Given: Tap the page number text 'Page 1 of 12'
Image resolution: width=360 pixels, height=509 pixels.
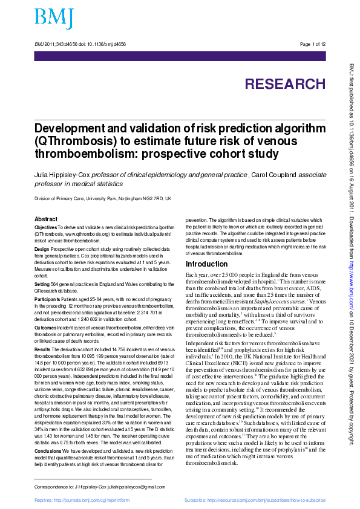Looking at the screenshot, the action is coord(313,44).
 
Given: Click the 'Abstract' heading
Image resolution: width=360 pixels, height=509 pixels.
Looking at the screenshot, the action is coord(46,219).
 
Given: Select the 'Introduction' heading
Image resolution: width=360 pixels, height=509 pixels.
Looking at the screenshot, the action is coord(206,265).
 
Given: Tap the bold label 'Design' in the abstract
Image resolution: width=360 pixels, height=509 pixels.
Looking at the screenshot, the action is coord(42,249).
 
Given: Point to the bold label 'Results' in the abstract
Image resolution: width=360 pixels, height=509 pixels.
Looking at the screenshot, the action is coord(42,349).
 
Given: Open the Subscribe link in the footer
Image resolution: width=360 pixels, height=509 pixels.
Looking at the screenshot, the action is coord(255,501).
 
